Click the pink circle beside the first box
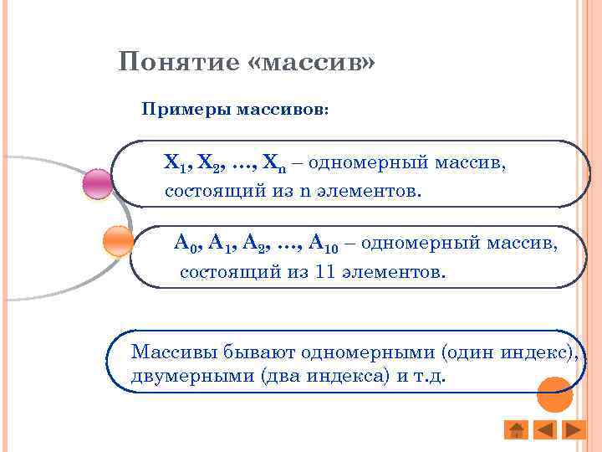(98, 184)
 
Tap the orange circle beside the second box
(118, 241)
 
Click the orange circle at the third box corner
(554, 393)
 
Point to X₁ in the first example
(175, 162)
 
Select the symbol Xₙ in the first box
(273, 162)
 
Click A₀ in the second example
(185, 244)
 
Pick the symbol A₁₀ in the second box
(323, 244)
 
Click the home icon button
(517, 430)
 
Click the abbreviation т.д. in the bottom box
(430, 376)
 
